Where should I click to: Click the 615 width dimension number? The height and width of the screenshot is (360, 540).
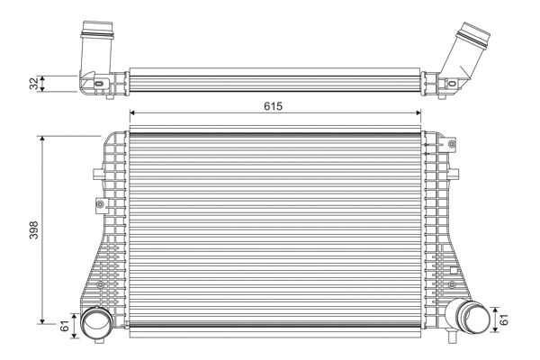click(274, 106)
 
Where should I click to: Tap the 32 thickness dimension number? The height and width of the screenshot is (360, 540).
click(34, 84)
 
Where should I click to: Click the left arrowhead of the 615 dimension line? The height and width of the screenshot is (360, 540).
click(134, 114)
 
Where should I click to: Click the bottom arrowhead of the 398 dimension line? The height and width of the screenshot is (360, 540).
click(41, 320)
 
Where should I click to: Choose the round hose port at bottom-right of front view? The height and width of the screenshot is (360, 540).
click(468, 317)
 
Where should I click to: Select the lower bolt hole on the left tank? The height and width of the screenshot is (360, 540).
click(100, 286)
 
